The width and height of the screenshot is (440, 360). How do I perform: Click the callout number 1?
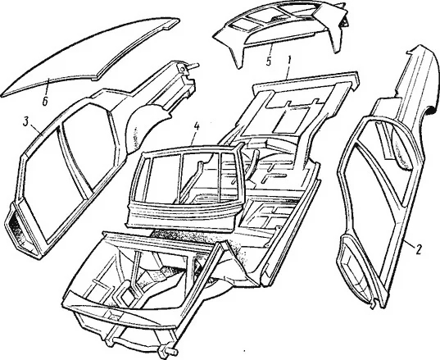289,60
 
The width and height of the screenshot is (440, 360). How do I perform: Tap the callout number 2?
418,249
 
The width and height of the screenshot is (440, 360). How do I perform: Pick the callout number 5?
269,62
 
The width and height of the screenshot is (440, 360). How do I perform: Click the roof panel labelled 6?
90,55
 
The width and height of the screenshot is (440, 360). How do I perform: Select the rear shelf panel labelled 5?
280,31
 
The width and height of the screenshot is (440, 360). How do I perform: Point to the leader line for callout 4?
193,138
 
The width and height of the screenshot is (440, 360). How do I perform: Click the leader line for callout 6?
48,87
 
